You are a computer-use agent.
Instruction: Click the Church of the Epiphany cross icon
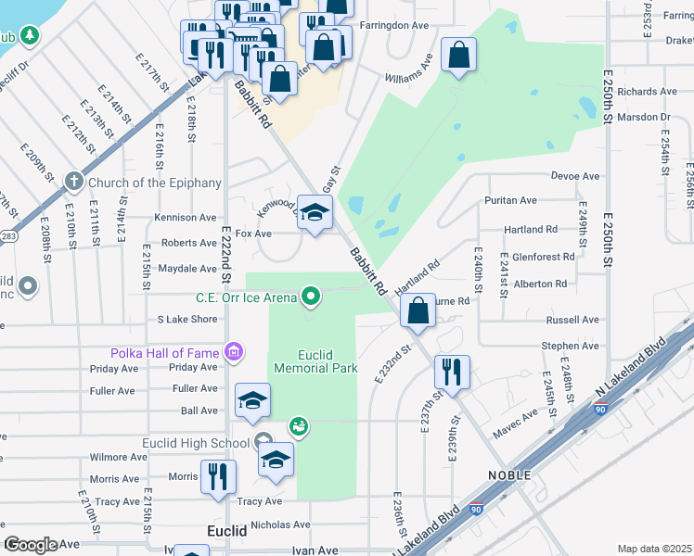[74, 183]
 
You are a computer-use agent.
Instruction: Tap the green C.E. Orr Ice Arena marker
[312, 297]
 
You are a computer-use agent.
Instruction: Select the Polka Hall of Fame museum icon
[234, 352]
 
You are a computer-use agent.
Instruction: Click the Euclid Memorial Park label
[315, 361]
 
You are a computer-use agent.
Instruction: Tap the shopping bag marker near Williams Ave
[458, 57]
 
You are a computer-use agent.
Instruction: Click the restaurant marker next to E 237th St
[452, 373]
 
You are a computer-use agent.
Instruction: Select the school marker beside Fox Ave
[315, 214]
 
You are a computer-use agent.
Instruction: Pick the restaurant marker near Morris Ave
[218, 477]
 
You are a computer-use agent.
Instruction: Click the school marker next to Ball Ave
[251, 401]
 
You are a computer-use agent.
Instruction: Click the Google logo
[31, 545]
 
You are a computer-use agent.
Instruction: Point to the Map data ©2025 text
[654, 549]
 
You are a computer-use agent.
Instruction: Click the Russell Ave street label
[572, 320]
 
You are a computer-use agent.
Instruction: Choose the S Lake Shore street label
[186, 320]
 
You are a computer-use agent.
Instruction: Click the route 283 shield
[6, 237]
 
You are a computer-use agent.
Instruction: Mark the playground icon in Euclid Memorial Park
[299, 426]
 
